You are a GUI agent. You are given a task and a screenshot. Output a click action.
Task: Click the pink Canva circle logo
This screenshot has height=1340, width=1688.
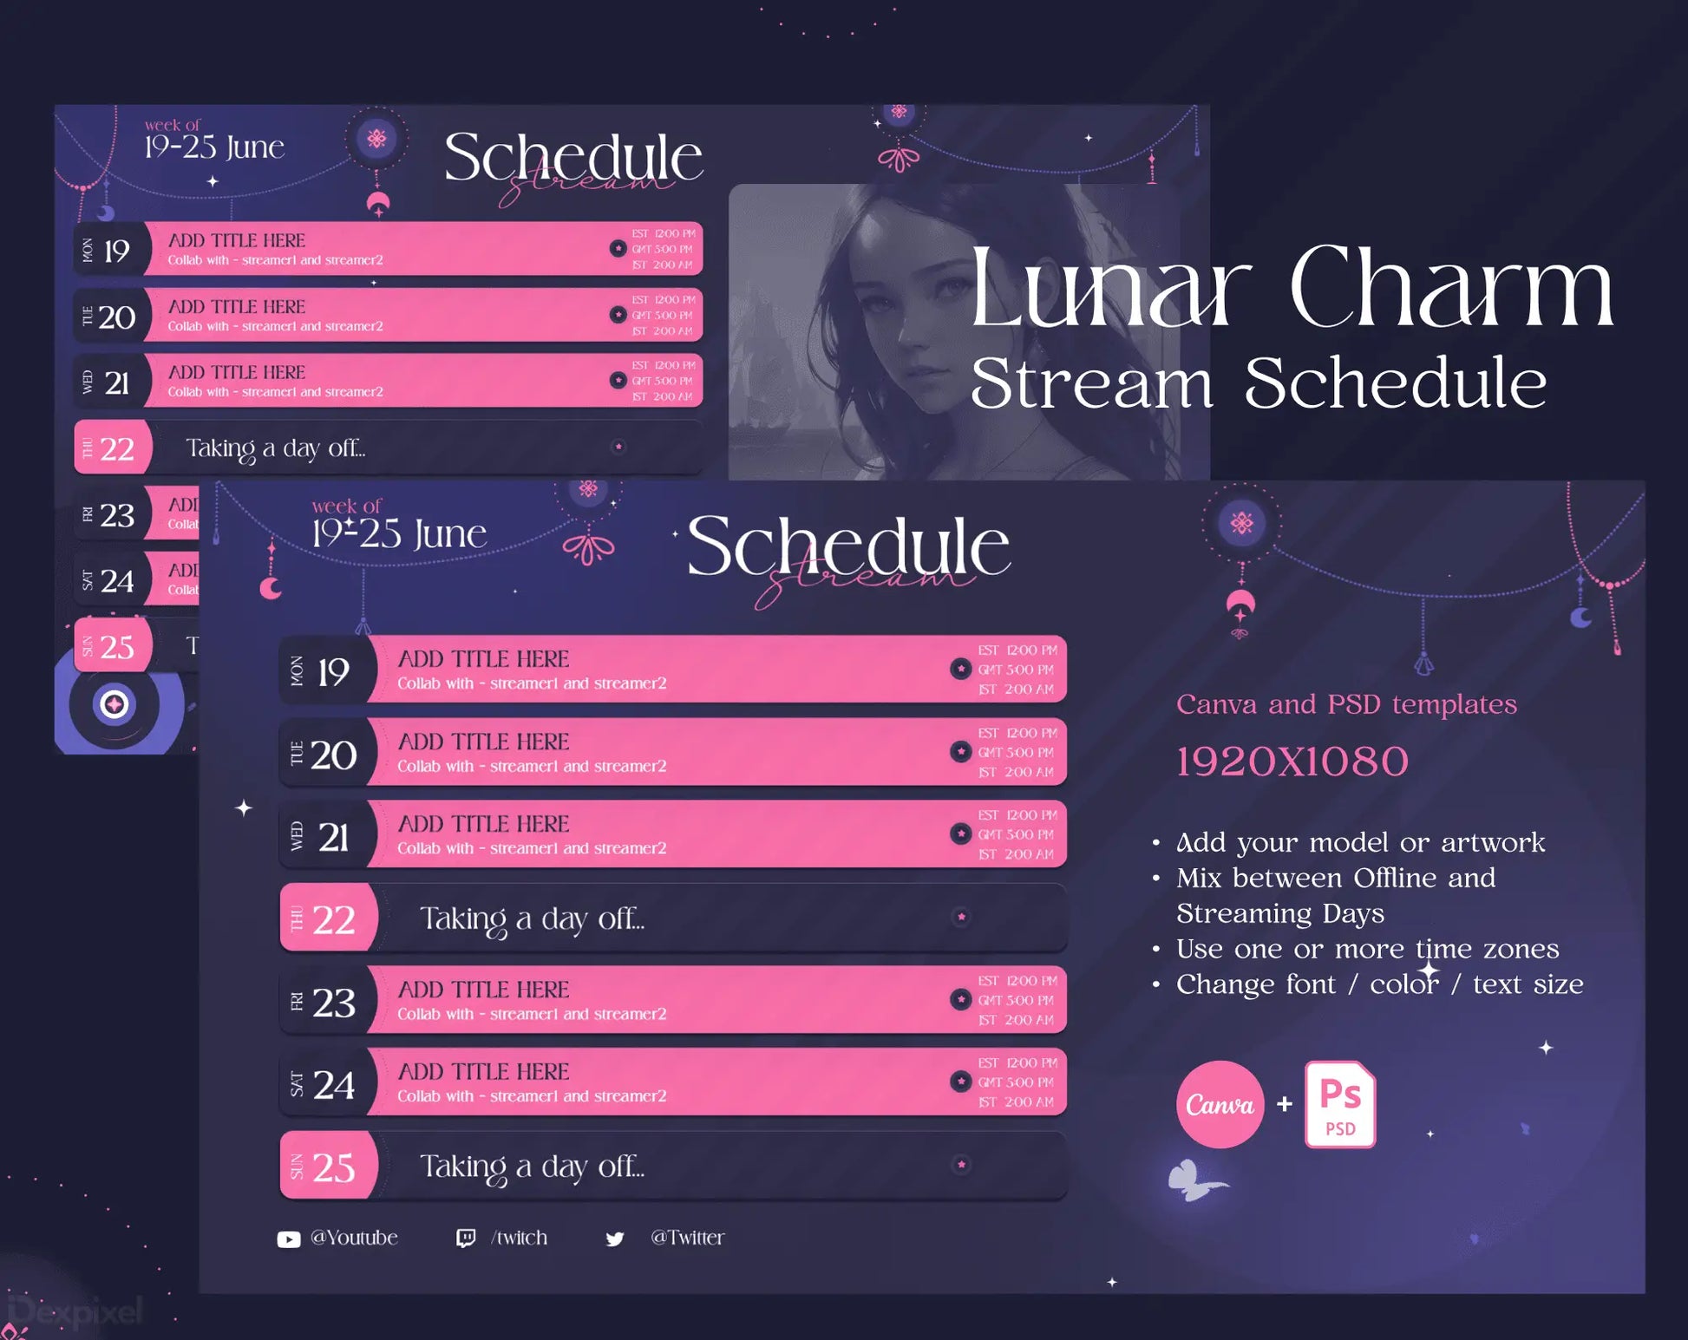pos(1220,1104)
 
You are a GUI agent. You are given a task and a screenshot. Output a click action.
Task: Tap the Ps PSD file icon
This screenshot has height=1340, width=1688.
pos(1339,1104)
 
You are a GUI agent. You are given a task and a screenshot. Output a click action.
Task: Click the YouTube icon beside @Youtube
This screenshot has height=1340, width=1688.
pos(289,1239)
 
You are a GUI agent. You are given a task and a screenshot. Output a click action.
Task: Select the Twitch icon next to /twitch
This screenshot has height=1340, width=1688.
pos(466,1239)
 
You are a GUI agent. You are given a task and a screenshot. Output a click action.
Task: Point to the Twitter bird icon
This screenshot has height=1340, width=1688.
pos(615,1239)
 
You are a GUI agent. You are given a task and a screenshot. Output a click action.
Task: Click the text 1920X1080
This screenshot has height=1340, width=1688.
pos(1292,762)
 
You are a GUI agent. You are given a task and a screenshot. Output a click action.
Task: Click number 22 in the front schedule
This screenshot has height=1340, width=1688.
pos(334,919)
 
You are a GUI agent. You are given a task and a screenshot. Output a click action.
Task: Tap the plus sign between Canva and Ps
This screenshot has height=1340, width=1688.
pos(1285,1104)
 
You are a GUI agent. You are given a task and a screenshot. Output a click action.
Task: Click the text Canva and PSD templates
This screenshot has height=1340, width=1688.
pos(1346,704)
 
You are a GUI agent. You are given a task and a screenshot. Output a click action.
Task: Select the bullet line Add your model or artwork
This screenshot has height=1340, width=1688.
pos(1360,842)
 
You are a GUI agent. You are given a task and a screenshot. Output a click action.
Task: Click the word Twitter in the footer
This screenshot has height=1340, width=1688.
pos(687,1238)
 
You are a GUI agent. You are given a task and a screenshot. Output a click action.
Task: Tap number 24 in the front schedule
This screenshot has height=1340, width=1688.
pos(334,1085)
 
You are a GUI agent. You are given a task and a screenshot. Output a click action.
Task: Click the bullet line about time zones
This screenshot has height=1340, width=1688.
pos(1367,949)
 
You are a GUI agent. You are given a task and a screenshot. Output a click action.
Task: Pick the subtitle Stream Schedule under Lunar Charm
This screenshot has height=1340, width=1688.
pos(1258,383)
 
